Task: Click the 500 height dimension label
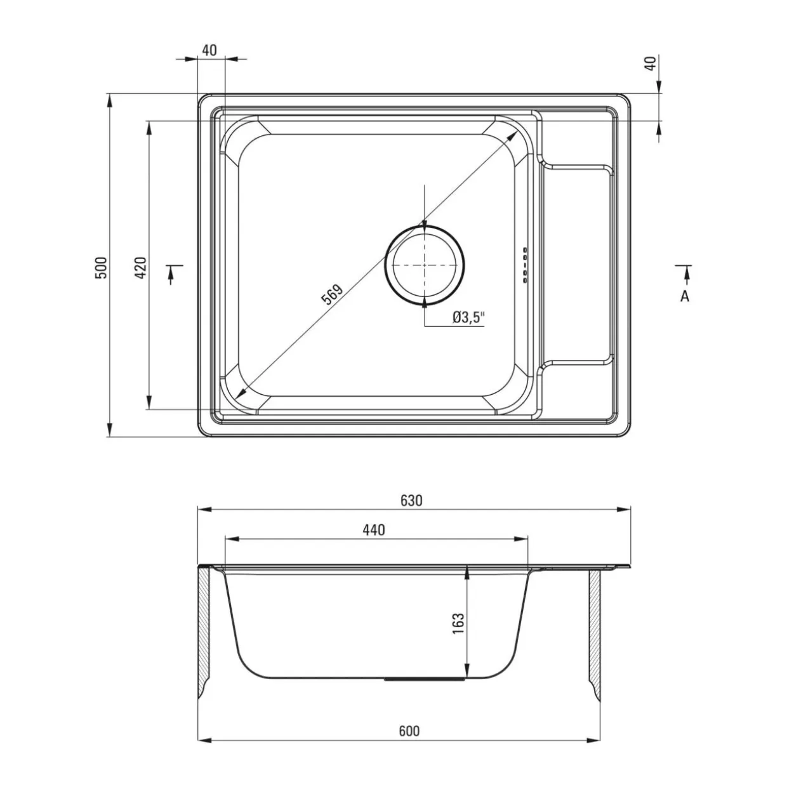click(x=101, y=268)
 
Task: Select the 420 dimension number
click(x=141, y=268)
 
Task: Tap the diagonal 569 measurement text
click(x=332, y=294)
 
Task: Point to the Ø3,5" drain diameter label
click(x=468, y=317)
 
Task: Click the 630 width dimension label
click(x=411, y=501)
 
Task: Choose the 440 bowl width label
click(x=374, y=530)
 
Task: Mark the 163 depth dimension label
click(x=459, y=623)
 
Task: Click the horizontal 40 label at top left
click(x=209, y=50)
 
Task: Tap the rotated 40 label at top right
click(x=651, y=63)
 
